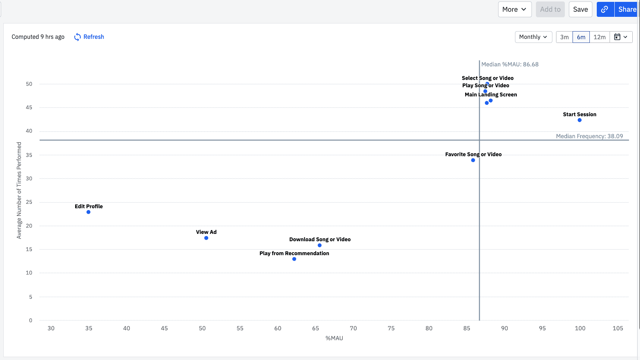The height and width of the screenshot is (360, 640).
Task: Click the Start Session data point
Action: point(580,120)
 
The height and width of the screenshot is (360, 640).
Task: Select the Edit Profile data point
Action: point(88,212)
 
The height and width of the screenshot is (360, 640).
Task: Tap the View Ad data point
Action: point(206,238)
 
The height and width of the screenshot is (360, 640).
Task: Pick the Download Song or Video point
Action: point(320,246)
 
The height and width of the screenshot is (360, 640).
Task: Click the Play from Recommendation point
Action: point(294,259)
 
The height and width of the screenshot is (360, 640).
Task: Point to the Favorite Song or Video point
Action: point(473,160)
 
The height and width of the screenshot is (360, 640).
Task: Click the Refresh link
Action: point(89,37)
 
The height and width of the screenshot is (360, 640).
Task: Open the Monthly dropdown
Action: point(533,37)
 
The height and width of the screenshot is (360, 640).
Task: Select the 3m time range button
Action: point(564,37)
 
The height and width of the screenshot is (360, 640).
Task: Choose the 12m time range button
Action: point(599,37)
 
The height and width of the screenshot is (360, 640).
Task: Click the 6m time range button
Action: point(581,37)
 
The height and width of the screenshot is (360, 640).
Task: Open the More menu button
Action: point(514,10)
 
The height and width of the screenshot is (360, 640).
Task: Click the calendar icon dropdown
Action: point(621,37)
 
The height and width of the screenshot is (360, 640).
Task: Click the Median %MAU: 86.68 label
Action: point(510,65)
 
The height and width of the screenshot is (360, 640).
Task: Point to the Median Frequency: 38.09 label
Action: point(589,136)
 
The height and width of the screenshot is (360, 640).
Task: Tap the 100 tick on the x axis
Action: point(580,328)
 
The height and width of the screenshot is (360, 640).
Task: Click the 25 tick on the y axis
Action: point(29,202)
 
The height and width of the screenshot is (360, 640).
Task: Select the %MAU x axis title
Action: point(334,338)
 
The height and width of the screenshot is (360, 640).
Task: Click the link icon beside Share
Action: point(605,10)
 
